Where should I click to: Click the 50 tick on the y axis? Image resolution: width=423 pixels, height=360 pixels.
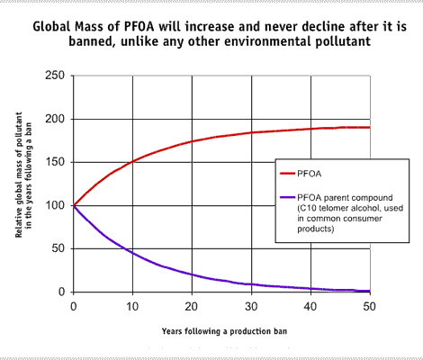tap(56, 248)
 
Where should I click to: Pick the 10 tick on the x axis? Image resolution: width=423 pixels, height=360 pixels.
tap(132, 305)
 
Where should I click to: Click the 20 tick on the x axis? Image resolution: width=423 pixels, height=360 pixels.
tap(192, 305)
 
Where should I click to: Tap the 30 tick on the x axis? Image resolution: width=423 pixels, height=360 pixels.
tap(251, 305)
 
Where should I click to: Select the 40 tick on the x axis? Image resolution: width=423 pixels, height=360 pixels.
tap(310, 305)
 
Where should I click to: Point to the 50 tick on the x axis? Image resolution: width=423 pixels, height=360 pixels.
tap(370, 305)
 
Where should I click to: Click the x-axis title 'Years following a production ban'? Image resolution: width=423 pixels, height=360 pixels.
tap(221, 329)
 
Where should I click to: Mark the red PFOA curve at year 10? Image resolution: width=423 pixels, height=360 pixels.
tap(132, 163)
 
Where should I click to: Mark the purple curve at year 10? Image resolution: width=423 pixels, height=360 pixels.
tap(132, 252)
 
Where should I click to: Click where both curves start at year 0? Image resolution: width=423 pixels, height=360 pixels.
tap(74, 205)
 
